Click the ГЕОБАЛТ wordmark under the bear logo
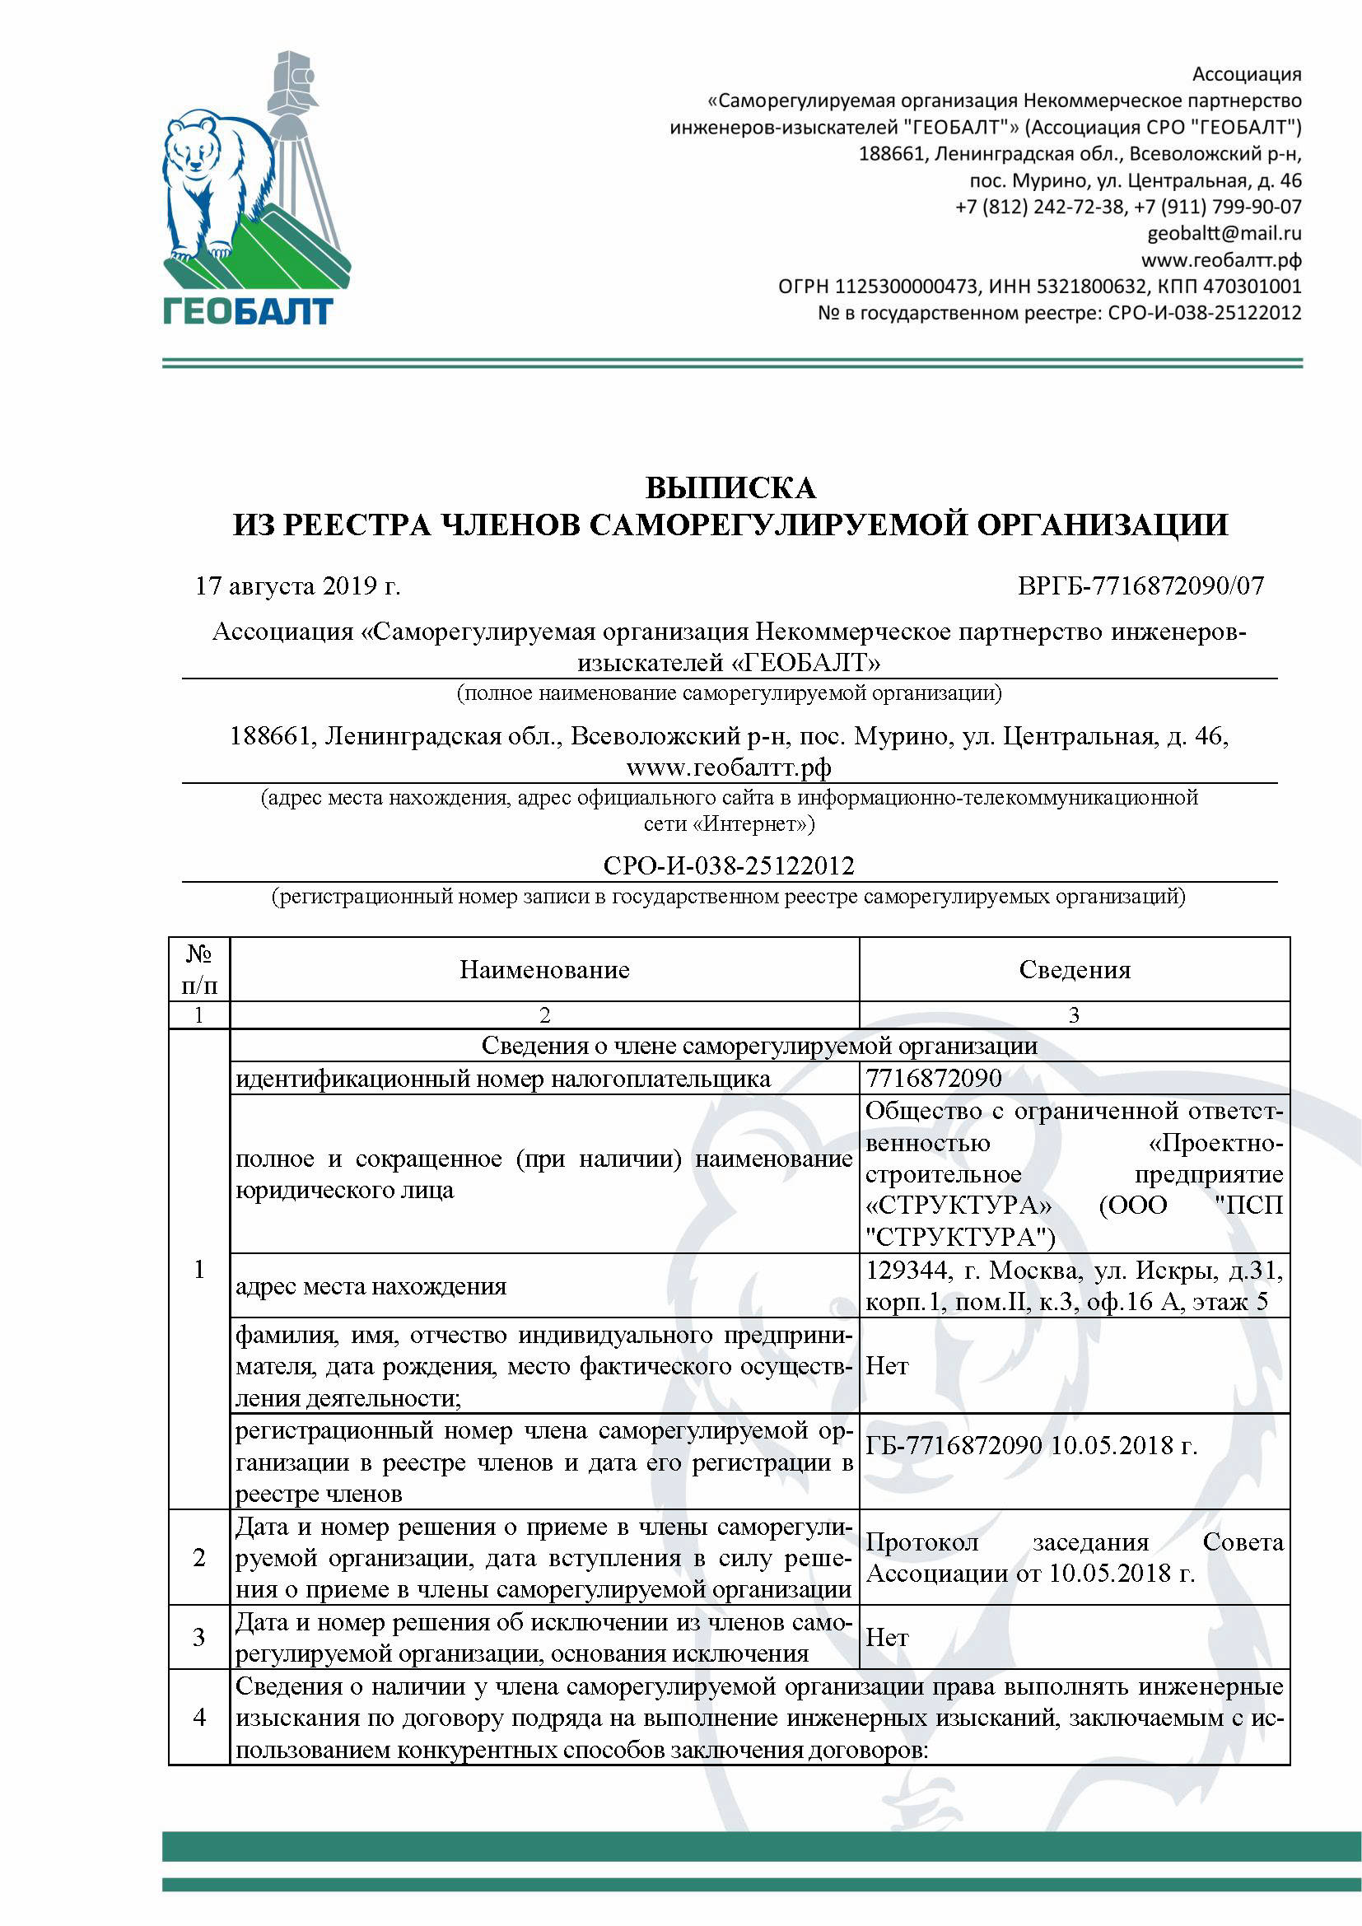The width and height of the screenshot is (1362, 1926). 248,311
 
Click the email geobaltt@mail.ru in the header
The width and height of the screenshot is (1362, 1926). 1224,233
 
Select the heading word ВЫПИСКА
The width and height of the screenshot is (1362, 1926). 730,487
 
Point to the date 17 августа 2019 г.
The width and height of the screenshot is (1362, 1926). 298,585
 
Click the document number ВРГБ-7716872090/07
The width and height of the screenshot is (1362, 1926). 1140,585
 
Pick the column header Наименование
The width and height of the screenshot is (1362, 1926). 544,970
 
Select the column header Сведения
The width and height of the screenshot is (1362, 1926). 1075,970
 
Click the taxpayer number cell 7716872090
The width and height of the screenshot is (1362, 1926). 934,1078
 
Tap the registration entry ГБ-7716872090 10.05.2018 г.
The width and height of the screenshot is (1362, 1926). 1031,1446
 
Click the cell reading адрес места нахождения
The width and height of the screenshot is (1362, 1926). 371,1287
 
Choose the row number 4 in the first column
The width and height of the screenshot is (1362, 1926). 198,1717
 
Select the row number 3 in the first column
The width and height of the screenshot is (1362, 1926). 198,1638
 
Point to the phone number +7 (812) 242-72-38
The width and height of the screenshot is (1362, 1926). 1040,207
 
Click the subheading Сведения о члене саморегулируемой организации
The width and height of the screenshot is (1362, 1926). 759,1046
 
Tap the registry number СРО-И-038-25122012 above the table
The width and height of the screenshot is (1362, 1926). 729,865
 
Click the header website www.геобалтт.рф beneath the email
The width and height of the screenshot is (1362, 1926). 1220,260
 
